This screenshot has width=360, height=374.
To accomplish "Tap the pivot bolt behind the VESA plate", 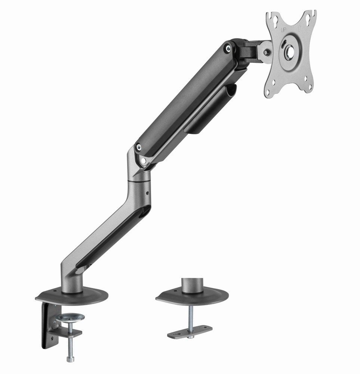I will pyautogui.click(x=266, y=53).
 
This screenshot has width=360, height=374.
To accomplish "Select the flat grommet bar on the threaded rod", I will pyautogui.click(x=190, y=331).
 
